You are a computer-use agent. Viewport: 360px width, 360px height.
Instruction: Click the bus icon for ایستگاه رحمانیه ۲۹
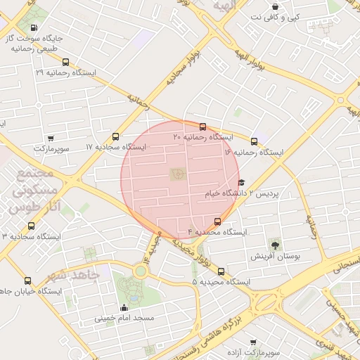click(x=66, y=62)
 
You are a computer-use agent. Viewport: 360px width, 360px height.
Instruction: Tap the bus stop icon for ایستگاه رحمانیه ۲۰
click(x=203, y=127)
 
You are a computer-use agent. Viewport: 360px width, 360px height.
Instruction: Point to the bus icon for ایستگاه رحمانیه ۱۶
click(x=254, y=141)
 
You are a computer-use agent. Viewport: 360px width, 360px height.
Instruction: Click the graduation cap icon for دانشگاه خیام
click(x=241, y=182)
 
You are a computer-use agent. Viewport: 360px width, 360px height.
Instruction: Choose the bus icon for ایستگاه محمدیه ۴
click(x=217, y=221)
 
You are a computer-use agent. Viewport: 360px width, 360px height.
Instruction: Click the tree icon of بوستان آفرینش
click(x=275, y=245)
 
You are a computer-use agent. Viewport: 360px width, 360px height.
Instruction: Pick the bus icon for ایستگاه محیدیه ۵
click(x=221, y=271)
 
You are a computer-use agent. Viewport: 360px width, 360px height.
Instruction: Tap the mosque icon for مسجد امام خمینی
click(x=124, y=307)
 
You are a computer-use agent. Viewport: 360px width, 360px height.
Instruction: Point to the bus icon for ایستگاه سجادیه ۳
click(x=30, y=226)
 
